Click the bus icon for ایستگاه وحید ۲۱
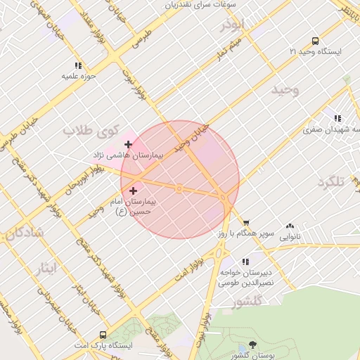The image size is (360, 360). (x=314, y=41)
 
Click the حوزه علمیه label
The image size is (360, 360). (x=79, y=75)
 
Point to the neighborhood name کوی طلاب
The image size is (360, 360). (x=88, y=130)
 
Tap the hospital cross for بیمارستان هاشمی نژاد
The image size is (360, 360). (x=128, y=144)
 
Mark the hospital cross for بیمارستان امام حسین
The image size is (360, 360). (x=134, y=190)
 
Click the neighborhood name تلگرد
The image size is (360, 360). (x=333, y=182)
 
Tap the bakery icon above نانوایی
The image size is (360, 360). (x=290, y=226)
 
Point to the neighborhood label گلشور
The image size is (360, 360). (x=247, y=301)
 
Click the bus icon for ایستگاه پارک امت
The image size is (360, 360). (x=103, y=335)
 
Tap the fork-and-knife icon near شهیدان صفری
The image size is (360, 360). (x=337, y=118)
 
